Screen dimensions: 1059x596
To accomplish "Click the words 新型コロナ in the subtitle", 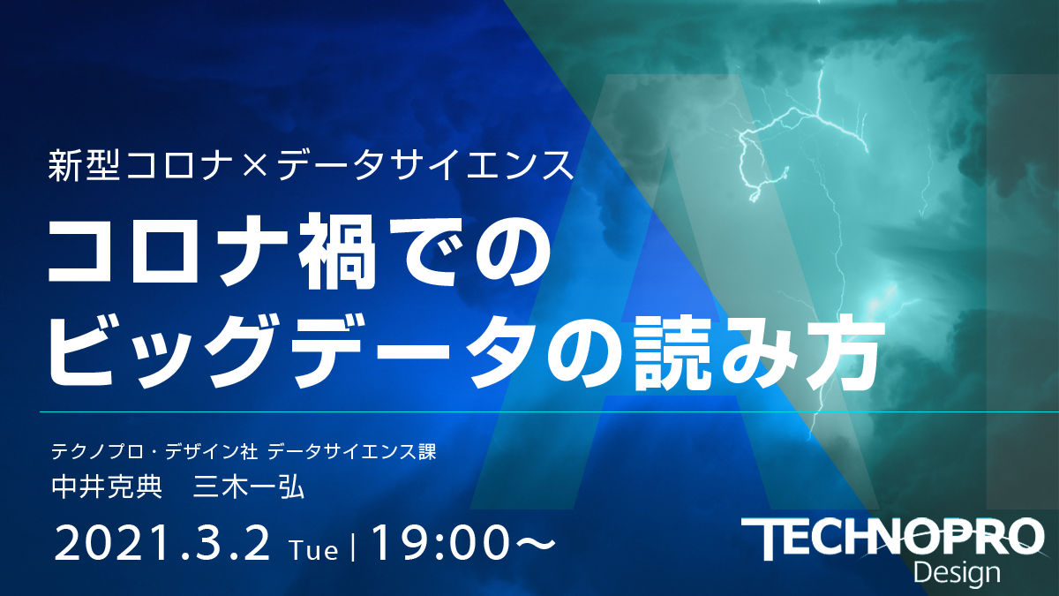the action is (x=141, y=166).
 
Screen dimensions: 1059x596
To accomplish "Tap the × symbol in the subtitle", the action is (x=256, y=167).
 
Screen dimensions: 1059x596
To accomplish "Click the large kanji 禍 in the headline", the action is (x=336, y=251).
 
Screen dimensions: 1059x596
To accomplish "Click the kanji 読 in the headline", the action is (x=673, y=353).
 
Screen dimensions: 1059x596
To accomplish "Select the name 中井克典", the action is (x=107, y=487).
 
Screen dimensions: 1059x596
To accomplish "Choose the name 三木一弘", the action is (x=248, y=487).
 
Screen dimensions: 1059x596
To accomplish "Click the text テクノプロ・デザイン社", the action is (x=154, y=452).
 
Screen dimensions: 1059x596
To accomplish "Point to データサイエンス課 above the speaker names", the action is (x=351, y=452).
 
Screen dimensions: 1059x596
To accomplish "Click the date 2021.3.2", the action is (x=162, y=544).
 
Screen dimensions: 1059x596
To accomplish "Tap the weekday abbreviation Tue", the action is (x=314, y=550).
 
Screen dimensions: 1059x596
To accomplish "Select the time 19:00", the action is (x=439, y=544).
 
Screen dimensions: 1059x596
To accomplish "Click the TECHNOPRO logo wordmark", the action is (x=892, y=539).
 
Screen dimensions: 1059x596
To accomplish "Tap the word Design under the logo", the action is (x=957, y=573).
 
